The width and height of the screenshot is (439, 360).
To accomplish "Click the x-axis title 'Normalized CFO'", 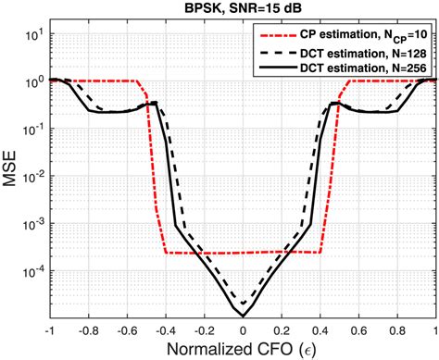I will pyautogui.click(x=244, y=349).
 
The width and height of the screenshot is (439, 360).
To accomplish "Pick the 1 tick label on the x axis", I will pyautogui.click(x=435, y=329).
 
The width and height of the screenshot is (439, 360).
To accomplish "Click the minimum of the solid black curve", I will pyautogui.click(x=244, y=316).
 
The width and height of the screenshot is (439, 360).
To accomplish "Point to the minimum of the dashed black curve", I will pyautogui.click(x=244, y=304).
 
